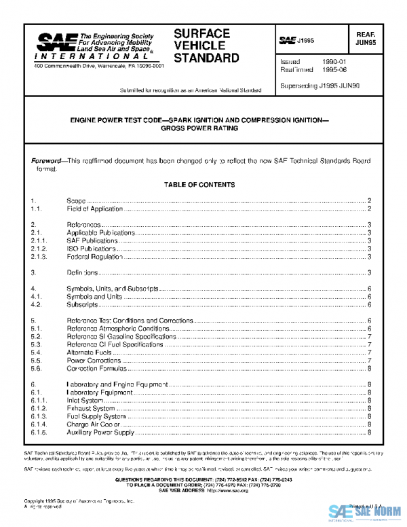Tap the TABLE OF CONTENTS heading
pyautogui.click(x=199, y=185)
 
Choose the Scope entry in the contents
pyautogui.click(x=76, y=201)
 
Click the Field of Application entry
pyautogui.click(x=94, y=209)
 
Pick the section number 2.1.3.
pyautogui.click(x=38, y=257)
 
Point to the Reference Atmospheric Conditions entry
pyautogui.click(x=117, y=328)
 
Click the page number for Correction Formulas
pyautogui.click(x=368, y=369)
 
